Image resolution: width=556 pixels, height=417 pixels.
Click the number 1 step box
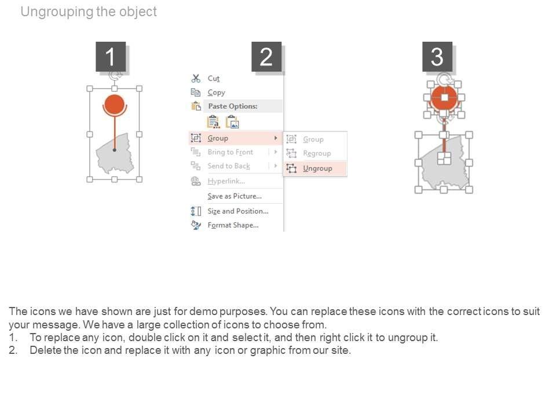[x=111, y=57]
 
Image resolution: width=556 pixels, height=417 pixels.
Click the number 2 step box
[x=266, y=57]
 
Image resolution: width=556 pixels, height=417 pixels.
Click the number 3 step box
[x=437, y=57]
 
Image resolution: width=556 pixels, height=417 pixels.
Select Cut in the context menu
[x=214, y=78]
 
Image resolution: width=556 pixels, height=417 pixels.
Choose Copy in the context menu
[x=216, y=93]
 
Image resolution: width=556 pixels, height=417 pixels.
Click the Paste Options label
[x=233, y=106]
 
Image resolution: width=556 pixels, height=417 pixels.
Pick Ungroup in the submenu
[x=317, y=169]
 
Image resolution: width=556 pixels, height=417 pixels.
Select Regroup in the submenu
[x=317, y=153]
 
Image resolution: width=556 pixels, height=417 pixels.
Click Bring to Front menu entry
[x=231, y=152]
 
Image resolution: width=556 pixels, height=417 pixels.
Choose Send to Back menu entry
[x=229, y=166]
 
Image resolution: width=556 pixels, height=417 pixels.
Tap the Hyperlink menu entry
[x=226, y=181]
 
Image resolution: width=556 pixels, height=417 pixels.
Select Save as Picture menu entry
[x=235, y=196]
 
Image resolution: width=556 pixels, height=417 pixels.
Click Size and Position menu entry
[x=238, y=211]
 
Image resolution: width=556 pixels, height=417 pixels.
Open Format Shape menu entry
[x=233, y=225]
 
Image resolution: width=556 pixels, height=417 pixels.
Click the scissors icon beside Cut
[x=196, y=78]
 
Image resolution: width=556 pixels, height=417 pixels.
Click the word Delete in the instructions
[x=45, y=350]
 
